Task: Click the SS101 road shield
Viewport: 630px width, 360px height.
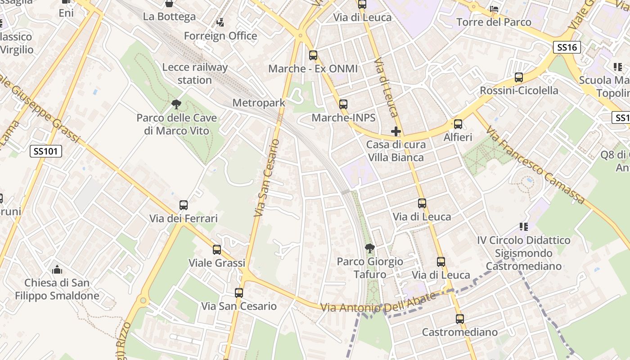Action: (46, 151)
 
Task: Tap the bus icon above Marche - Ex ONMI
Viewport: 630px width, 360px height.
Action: (313, 56)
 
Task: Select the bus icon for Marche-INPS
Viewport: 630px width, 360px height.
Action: (343, 104)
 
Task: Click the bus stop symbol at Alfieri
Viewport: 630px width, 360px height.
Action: (458, 124)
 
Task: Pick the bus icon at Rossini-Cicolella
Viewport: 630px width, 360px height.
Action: (519, 77)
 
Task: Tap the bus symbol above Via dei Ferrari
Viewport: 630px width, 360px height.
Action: (184, 205)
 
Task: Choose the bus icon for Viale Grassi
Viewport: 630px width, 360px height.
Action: (217, 250)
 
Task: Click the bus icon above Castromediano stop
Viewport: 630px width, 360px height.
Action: (459, 319)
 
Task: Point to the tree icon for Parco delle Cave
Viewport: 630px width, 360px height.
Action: (176, 105)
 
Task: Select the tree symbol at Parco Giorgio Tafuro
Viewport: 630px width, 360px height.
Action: (369, 248)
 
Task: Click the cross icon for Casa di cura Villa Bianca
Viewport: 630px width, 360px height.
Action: (396, 131)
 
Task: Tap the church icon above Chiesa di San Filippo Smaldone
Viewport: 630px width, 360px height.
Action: (57, 270)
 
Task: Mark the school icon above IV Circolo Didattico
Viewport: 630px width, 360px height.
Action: (523, 226)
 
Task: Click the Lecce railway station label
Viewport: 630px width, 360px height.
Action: (195, 74)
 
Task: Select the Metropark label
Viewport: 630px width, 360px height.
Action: (259, 103)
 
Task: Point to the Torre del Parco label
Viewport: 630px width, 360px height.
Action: (494, 22)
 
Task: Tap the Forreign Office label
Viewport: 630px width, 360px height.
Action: (220, 36)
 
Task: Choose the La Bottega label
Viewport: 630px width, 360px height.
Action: (169, 17)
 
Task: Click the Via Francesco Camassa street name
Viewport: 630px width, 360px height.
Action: (535, 165)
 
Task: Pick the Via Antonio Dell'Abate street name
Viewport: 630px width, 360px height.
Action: (378, 304)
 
